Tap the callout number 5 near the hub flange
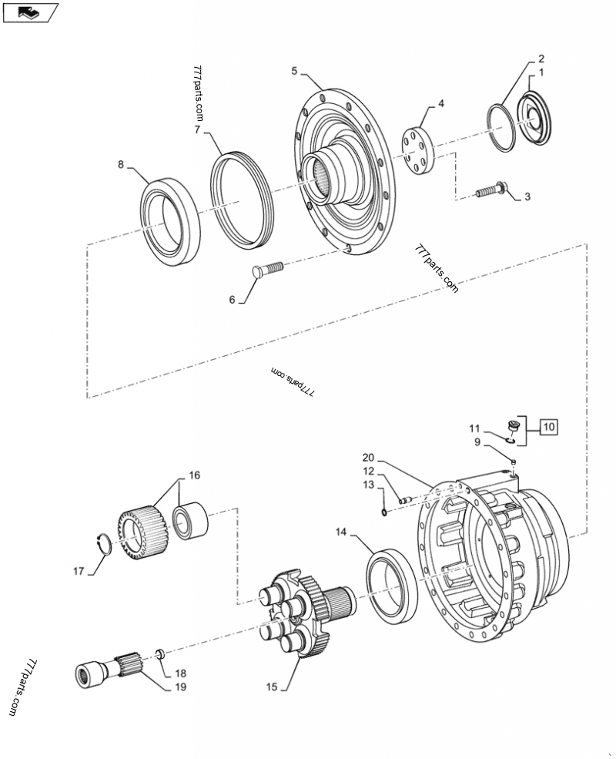(x=295, y=71)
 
